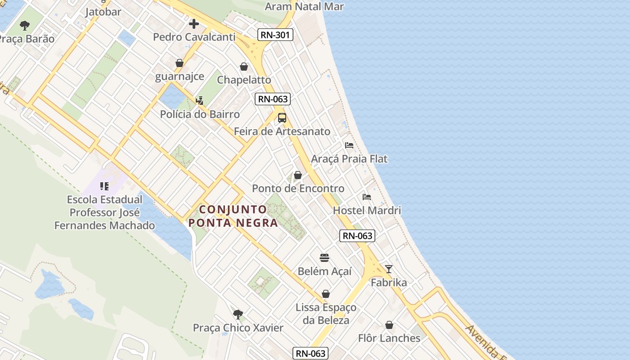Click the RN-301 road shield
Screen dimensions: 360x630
coord(276,35)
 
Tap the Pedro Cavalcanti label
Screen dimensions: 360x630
coord(194,37)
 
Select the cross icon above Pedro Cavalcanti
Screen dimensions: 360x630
coord(194,23)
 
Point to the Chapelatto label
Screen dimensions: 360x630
coord(244,80)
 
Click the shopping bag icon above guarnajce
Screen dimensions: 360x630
coord(180,63)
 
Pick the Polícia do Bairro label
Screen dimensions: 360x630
coord(200,114)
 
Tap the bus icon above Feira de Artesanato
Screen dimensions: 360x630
coord(282,118)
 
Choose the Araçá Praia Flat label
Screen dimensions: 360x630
coord(349,159)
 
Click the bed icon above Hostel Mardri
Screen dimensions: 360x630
coord(367,197)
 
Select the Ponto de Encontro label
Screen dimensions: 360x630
coord(298,189)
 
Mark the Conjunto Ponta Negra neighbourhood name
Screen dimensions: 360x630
coord(233,216)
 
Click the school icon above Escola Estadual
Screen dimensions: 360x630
coord(104,186)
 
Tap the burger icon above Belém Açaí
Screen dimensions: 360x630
coord(324,258)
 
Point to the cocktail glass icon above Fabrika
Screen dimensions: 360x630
coord(389,269)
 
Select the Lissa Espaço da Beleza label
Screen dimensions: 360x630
coord(326,314)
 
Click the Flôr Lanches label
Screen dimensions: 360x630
coord(389,338)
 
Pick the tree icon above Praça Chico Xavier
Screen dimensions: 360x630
coord(238,314)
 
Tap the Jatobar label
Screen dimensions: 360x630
coord(103,12)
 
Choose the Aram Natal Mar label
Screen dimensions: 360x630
coord(304,6)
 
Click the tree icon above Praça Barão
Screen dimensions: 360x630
coord(25,25)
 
